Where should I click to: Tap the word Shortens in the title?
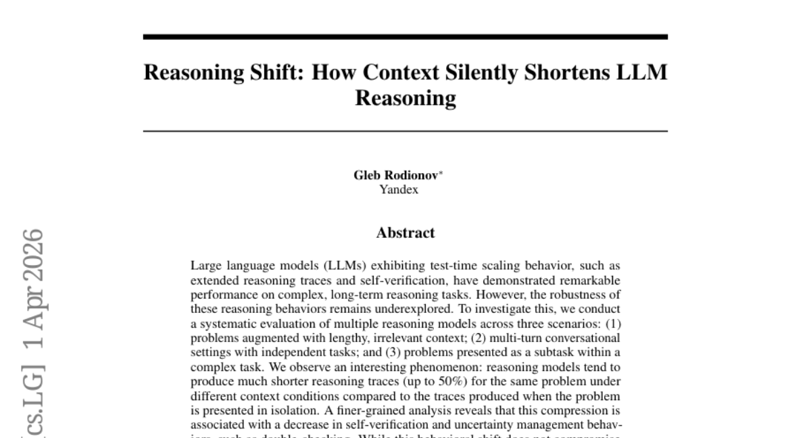point(563,72)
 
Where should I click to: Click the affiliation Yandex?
point(399,189)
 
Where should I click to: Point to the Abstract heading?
point(405,233)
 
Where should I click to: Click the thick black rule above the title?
point(405,36)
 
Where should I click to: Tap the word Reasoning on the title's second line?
point(405,98)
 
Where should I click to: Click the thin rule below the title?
point(405,130)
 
